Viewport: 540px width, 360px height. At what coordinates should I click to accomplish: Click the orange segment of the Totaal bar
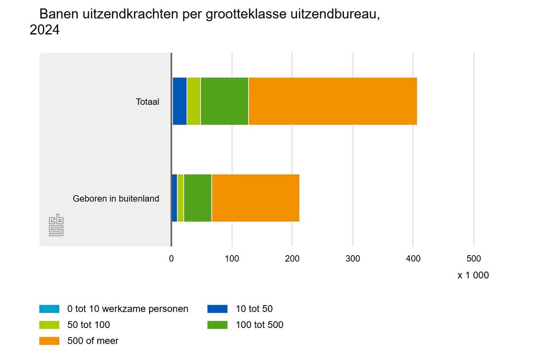[333, 101]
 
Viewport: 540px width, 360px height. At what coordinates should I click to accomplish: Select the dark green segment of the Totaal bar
[225, 101]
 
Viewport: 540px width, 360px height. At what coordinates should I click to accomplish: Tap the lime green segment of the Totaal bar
[194, 101]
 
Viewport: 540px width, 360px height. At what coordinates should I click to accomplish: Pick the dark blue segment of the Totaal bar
[180, 101]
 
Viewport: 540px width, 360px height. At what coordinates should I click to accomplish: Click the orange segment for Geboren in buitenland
[256, 198]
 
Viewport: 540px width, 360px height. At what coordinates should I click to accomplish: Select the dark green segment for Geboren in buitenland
[198, 198]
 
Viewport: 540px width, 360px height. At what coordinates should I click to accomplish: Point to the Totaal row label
[148, 102]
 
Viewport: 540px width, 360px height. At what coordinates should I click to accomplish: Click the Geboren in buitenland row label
[116, 198]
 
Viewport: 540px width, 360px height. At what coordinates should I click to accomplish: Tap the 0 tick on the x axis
[171, 259]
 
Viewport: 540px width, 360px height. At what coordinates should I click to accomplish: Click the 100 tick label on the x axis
[232, 259]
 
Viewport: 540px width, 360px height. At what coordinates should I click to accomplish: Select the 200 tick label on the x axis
[292, 259]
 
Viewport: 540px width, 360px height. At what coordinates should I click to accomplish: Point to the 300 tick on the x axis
[353, 259]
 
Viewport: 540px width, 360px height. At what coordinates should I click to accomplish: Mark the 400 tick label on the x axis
[413, 259]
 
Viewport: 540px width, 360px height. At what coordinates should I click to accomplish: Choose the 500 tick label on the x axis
[473, 259]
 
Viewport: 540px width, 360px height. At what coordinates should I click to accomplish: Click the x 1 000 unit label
[473, 275]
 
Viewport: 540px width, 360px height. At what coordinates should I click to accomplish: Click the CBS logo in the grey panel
[56, 226]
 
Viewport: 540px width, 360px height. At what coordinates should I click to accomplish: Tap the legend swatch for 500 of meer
[49, 341]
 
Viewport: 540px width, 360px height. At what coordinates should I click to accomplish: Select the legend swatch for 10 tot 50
[217, 309]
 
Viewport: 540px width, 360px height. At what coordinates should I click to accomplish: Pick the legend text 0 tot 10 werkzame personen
[127, 309]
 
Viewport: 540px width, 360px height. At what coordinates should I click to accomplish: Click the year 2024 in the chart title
[45, 30]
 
